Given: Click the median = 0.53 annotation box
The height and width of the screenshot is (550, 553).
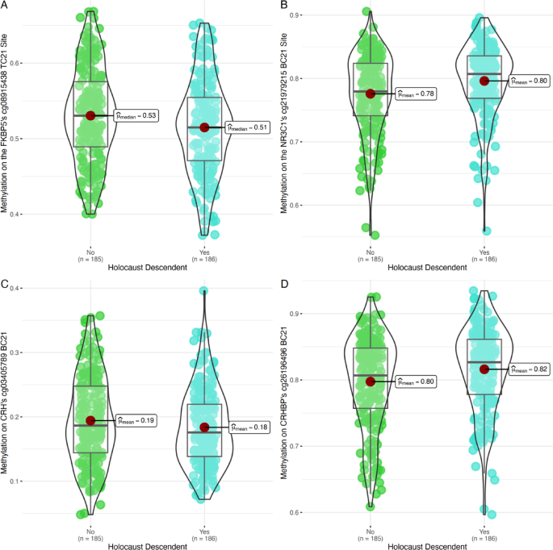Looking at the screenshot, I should click(x=135, y=116).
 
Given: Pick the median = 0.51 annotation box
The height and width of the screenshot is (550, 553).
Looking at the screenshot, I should click(x=246, y=127).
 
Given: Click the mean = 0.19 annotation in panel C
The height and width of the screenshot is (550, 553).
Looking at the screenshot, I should click(x=135, y=420).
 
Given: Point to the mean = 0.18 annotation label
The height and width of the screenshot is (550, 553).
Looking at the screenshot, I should click(x=246, y=427).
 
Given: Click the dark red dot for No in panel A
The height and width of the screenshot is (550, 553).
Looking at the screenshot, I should click(x=90, y=116).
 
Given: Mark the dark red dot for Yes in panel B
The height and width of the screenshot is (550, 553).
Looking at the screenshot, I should click(x=484, y=81).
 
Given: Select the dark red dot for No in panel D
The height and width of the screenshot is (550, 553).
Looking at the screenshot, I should click(x=371, y=381).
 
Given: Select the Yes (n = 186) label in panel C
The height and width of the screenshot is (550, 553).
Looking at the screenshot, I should click(x=203, y=533).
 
